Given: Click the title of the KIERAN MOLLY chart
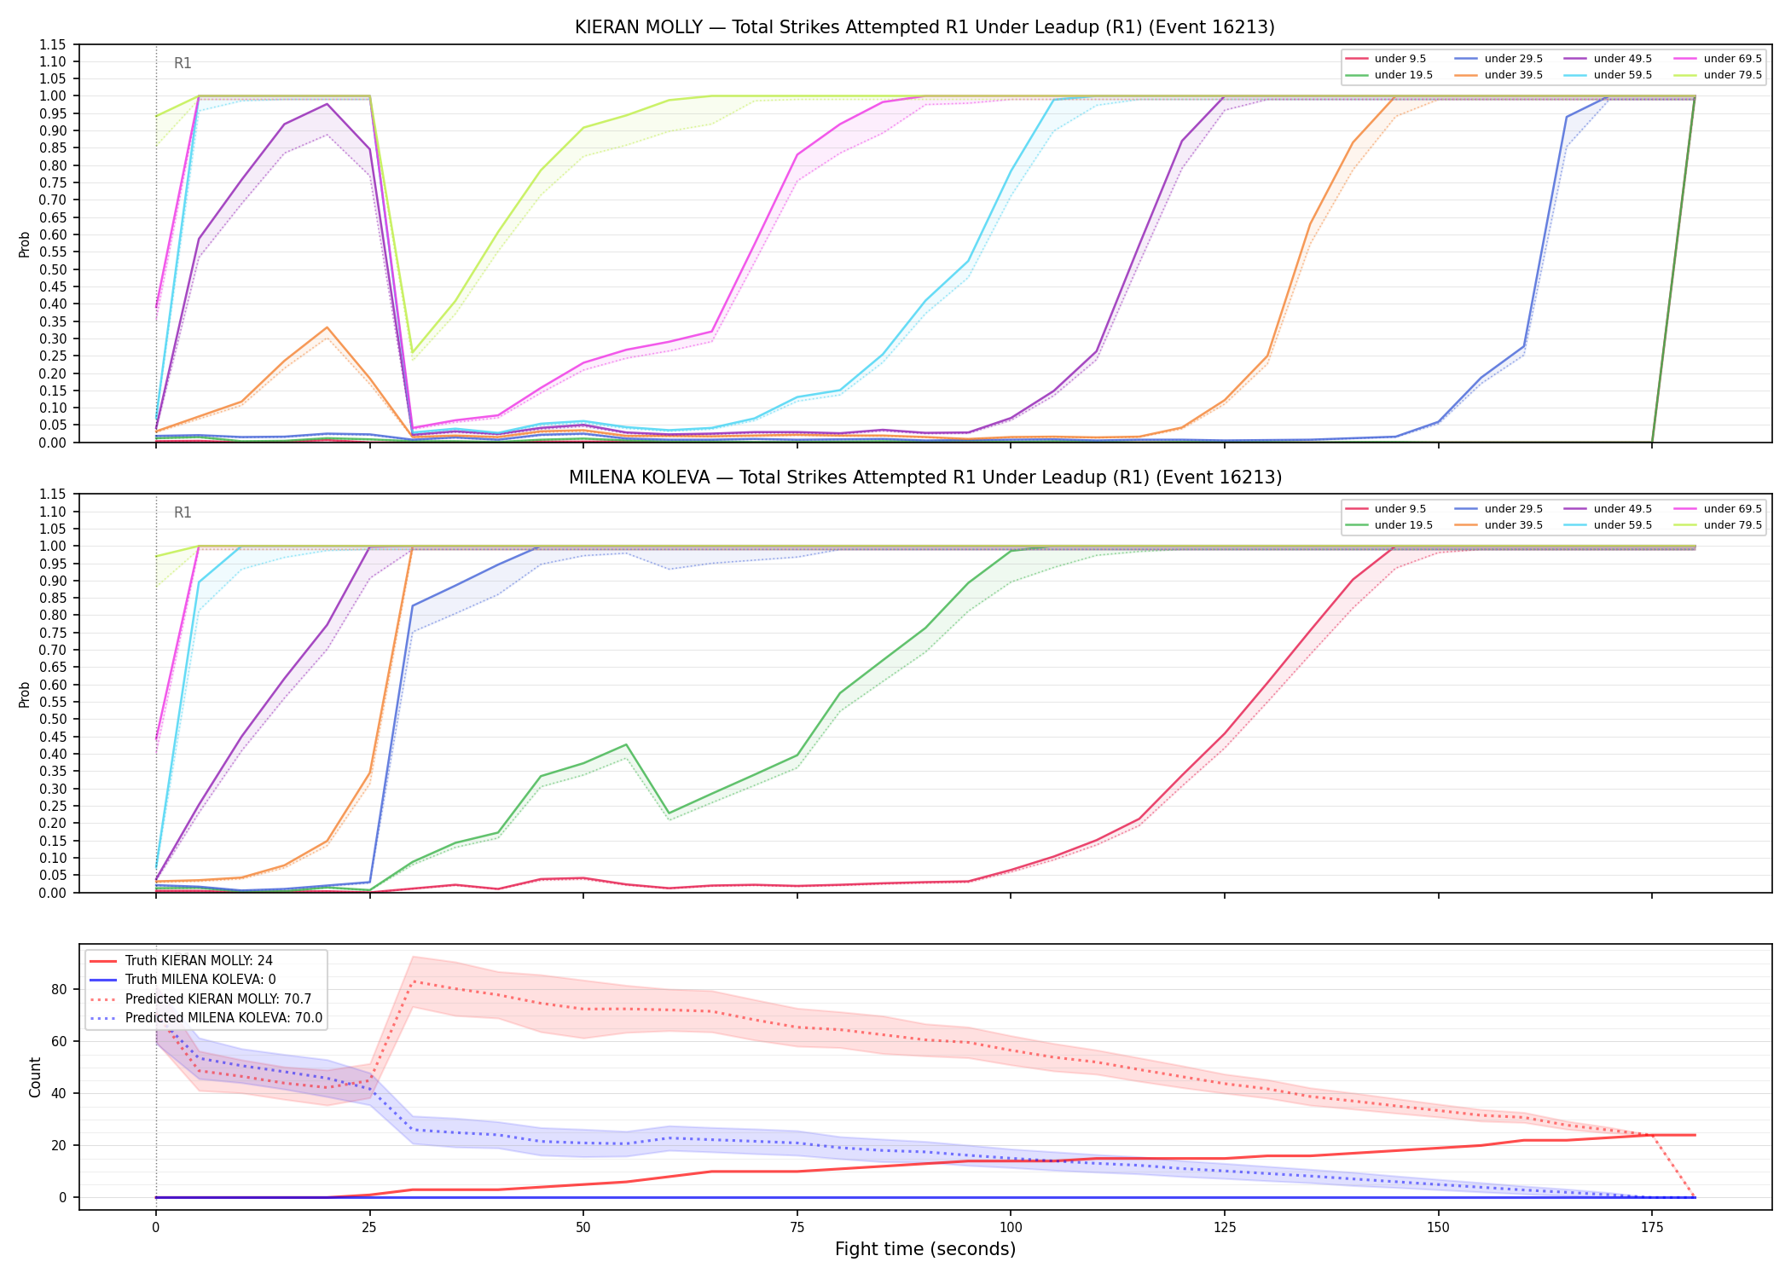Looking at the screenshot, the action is point(924,27).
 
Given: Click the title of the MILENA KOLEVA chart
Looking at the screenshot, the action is point(924,477).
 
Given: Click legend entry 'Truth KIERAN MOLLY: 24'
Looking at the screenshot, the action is point(199,961).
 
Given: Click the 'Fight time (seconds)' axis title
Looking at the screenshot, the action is point(925,1250).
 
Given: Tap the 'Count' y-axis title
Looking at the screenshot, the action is point(35,1077).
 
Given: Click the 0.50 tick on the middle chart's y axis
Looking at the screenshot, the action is point(54,720).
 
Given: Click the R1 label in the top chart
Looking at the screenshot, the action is point(183,63).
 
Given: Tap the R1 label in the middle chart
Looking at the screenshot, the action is point(183,512).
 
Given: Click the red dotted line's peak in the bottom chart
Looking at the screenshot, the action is point(413,981).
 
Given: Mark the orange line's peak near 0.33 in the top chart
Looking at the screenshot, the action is point(327,327).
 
